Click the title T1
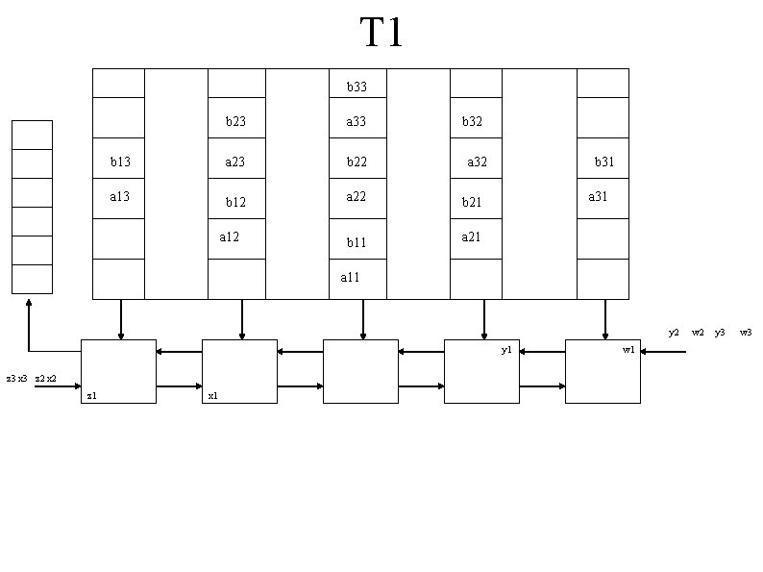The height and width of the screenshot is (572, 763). click(381, 34)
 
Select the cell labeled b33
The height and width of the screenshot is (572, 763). click(357, 87)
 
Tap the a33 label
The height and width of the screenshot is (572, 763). click(357, 122)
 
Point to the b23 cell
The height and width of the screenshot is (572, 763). click(235, 122)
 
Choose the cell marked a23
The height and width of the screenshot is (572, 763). click(235, 162)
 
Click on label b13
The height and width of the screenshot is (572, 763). click(120, 162)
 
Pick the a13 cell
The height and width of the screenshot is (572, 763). click(120, 197)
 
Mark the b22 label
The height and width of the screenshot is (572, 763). click(357, 162)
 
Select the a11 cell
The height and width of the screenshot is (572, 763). click(351, 278)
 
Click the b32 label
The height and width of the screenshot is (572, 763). click(472, 122)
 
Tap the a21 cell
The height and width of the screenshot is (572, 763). click(472, 237)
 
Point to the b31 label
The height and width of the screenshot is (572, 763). click(604, 162)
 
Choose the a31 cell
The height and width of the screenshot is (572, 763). click(599, 197)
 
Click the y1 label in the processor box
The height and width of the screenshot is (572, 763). click(506, 351)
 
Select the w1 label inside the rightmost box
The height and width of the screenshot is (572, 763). click(628, 351)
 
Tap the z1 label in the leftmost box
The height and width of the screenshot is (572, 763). click(91, 396)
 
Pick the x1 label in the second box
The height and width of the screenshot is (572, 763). click(212, 396)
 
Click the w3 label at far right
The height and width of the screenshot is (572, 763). click(746, 333)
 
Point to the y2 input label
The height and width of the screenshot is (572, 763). click(675, 333)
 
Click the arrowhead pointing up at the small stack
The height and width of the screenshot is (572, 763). click(29, 302)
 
